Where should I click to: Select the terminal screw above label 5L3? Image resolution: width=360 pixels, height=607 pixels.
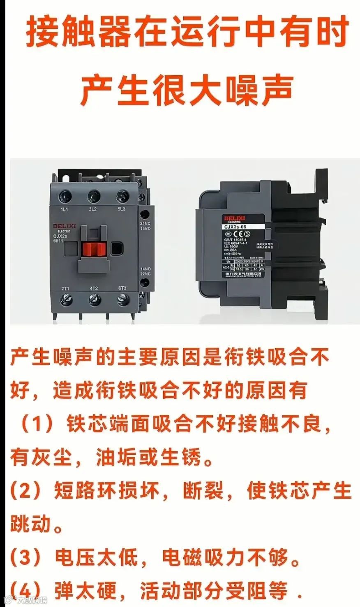pyautogui.click(x=122, y=195)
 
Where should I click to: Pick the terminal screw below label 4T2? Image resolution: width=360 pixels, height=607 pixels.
pyautogui.click(x=94, y=300)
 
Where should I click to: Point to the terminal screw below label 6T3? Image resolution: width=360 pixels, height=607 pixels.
pyautogui.click(x=122, y=300)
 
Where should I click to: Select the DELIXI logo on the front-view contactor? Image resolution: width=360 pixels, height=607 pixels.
pyautogui.click(x=62, y=226)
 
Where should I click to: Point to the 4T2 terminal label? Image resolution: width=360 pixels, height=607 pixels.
pyautogui.click(x=94, y=288)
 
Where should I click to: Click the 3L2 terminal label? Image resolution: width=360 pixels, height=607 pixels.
pyautogui.click(x=93, y=209)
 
